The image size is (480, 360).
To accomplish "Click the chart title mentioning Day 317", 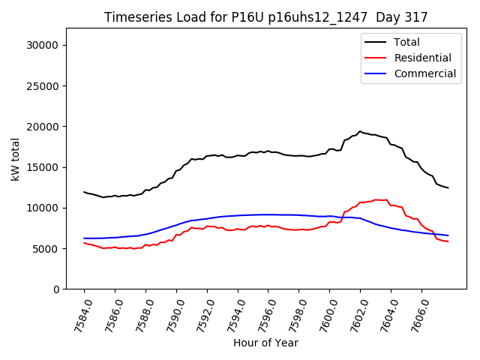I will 265,17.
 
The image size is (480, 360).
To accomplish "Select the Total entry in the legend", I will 406,42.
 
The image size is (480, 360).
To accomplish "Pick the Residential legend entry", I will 422,58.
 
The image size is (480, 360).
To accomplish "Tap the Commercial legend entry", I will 424,73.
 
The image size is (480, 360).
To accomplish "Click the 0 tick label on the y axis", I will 58,289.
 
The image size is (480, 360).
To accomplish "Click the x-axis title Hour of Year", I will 265,343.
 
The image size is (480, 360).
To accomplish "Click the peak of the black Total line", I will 360,131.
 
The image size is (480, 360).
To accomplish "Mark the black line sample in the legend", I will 376,42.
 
